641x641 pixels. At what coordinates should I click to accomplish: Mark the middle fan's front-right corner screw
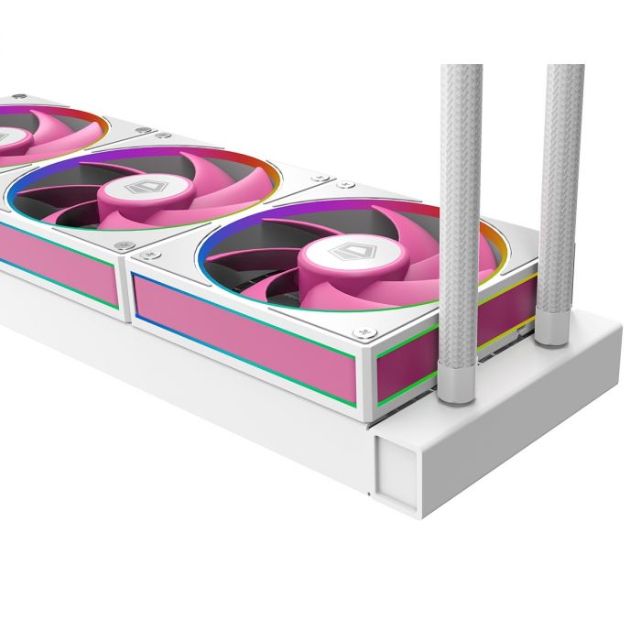click(x=125, y=245)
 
